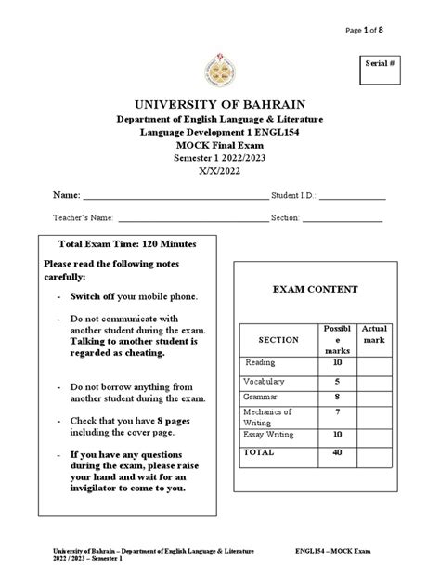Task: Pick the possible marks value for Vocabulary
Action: (x=336, y=381)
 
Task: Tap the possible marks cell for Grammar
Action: (x=336, y=397)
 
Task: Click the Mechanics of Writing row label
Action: (x=267, y=416)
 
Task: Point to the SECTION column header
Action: (x=278, y=340)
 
